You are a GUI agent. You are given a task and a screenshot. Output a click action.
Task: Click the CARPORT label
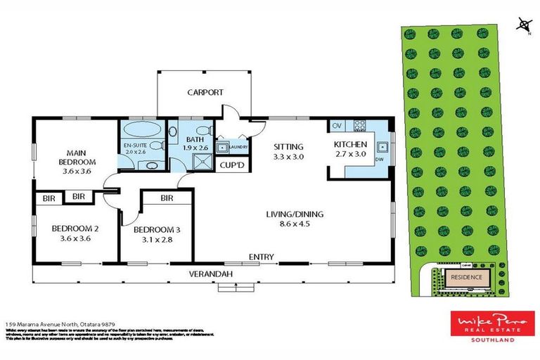click(x=205, y=92)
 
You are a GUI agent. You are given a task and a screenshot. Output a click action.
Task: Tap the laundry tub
click(x=223, y=148)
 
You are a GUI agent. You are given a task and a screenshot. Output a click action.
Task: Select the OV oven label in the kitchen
click(x=336, y=126)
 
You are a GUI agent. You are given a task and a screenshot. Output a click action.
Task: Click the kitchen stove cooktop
click(x=359, y=126)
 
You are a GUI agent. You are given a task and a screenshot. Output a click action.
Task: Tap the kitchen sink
click(x=384, y=148)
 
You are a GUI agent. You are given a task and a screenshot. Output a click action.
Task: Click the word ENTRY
click(x=261, y=257)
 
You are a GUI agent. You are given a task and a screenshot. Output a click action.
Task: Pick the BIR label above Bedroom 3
click(x=167, y=198)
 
